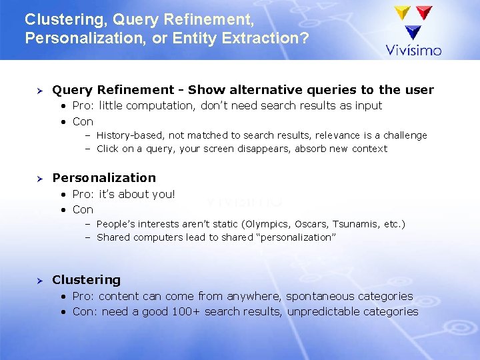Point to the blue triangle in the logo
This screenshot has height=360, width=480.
click(413, 31)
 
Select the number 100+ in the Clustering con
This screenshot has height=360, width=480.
click(186, 311)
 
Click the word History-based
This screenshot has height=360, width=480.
click(130, 135)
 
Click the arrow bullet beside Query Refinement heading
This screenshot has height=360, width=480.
click(39, 90)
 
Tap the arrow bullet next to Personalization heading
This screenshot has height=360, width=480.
click(39, 178)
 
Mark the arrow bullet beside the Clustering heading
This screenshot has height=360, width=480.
click(39, 280)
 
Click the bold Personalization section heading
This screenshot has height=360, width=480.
click(104, 177)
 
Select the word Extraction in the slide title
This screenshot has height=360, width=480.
click(270, 38)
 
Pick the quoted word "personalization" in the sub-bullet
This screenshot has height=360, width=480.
click(296, 237)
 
